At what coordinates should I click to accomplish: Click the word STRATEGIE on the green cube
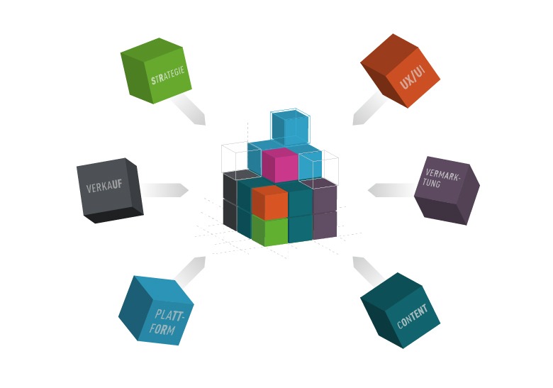[168, 77]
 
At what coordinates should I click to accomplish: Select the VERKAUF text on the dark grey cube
[104, 187]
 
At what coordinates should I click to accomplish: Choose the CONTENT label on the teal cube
[413, 317]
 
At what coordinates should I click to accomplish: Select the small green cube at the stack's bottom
[270, 232]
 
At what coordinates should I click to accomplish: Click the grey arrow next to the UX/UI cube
[368, 109]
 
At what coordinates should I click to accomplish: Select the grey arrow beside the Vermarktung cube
[391, 190]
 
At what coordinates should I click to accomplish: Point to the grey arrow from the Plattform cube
[189, 270]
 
